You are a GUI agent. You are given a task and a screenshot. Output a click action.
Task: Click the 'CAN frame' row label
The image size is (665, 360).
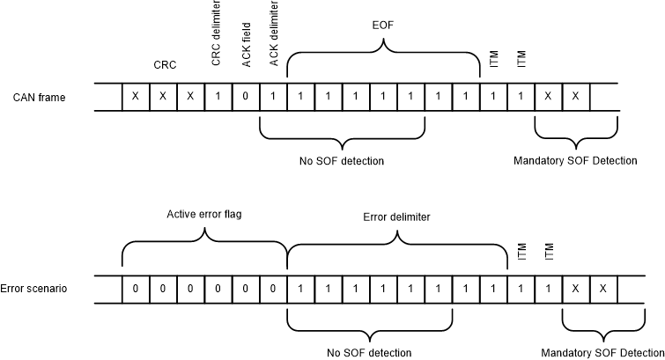point(39,97)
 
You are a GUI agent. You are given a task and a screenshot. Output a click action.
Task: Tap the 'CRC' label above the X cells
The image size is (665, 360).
point(164,64)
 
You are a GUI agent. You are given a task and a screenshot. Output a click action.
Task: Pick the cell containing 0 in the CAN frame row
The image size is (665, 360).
point(246,97)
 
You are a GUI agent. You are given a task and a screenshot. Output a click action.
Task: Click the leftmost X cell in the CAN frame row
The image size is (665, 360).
point(135,97)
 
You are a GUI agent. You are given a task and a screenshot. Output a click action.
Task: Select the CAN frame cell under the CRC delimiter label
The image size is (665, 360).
point(218,97)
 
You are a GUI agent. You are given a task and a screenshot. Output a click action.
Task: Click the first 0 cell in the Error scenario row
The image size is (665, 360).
point(135,289)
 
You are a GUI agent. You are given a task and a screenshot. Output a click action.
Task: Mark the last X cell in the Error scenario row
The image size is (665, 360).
point(602,289)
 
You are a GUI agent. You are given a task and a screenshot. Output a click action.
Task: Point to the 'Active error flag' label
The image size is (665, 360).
point(203,214)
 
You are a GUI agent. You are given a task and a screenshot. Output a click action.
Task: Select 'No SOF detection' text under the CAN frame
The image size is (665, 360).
point(343,161)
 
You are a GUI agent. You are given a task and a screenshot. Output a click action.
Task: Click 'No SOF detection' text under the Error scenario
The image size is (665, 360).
point(369,353)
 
